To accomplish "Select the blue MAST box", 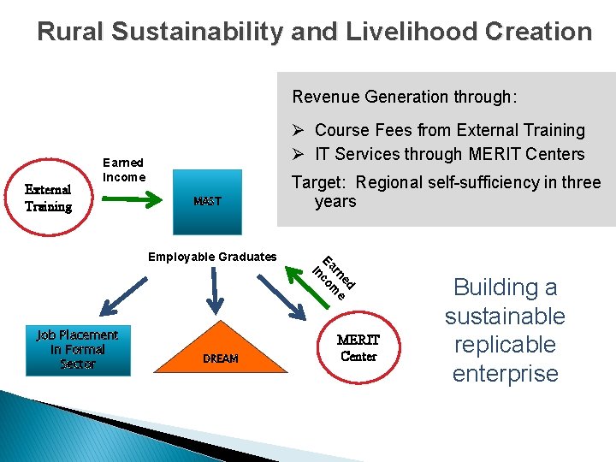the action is [207, 202].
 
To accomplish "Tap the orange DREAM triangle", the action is [221, 351].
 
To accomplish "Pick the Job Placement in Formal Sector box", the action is [78, 350].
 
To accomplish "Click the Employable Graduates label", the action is [212, 257].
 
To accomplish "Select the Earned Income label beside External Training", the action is [123, 169].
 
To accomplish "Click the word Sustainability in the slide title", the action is [204, 33].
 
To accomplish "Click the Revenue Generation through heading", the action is [404, 97].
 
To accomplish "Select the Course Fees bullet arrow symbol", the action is [299, 131].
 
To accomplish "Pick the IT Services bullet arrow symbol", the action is [299, 154].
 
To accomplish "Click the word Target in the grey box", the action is [319, 182].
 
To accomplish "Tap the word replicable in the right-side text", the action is [505, 345].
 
